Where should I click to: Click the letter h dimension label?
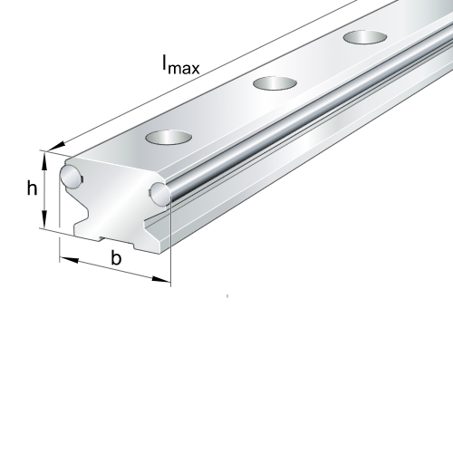pos(32,188)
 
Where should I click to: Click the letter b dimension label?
pos(116,259)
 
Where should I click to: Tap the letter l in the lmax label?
pos(165,63)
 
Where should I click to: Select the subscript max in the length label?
pos(185,67)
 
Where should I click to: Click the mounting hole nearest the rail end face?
pos(169,138)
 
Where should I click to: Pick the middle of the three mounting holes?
pos(275,83)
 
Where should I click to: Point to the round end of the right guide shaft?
pos(159,192)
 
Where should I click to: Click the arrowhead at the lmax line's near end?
pos(59,142)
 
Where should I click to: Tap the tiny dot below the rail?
pos(226,295)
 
